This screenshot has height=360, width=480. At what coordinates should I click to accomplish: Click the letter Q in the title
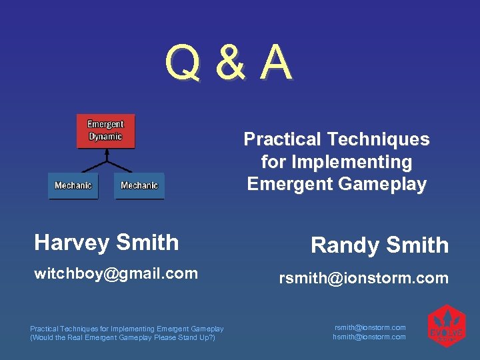coord(183,64)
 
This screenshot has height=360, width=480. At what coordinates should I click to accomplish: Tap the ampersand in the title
coord(230,64)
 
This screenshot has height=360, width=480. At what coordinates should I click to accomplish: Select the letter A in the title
coord(276,63)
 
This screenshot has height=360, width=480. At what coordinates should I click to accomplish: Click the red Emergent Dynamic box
coord(105,131)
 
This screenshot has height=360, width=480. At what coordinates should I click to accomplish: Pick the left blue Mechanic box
coord(73,185)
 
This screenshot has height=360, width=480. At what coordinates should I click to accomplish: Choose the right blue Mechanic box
coord(139,185)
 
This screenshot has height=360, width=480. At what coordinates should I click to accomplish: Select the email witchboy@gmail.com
coord(116,273)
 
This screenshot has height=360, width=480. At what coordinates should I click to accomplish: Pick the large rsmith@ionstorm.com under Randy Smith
coord(363,278)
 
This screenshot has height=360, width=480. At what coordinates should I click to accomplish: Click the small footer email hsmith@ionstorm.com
coord(369,337)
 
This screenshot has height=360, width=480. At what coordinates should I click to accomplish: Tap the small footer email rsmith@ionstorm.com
coord(369,327)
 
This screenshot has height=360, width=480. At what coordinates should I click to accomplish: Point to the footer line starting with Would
coord(123,337)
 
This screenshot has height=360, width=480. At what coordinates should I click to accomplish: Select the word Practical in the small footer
coord(45,328)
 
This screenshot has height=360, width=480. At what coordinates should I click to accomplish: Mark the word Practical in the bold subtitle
coord(282,139)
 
